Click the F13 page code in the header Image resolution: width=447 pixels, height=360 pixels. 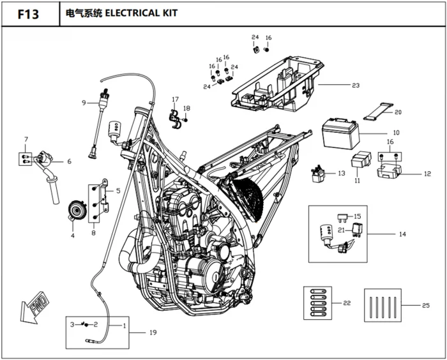coord(28,14)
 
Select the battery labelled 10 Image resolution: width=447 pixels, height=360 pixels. coord(340,134)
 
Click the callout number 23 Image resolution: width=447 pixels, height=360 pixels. coord(356,86)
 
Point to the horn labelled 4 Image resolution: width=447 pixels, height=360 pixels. coord(77,211)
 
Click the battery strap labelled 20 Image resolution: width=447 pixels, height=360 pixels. coord(379,111)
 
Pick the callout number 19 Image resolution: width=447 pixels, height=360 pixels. coord(153,333)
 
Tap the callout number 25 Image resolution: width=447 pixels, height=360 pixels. coord(426,305)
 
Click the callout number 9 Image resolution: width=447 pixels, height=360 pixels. coord(84,102)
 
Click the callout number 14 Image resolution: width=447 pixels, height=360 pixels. coord(402,234)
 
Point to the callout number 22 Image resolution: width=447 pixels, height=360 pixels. coord(347,303)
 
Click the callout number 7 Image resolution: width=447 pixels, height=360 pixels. coord(26,139)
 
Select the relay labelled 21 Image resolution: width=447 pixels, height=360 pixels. coord(357,229)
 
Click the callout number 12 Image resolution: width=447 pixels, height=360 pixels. coord(427,174)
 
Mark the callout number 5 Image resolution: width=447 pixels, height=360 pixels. coord(119,191)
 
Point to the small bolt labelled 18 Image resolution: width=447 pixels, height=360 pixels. coord(186,120)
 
